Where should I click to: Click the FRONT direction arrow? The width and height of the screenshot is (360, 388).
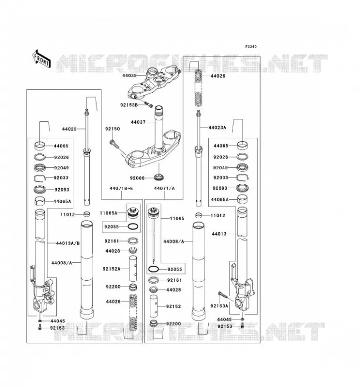[x=42, y=59]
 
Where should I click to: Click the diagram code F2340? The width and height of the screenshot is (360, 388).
[x=251, y=47]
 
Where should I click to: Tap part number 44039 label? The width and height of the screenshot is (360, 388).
[x=130, y=75]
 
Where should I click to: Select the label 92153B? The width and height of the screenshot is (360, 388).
[x=129, y=105]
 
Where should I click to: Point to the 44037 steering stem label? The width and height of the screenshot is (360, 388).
[x=138, y=122]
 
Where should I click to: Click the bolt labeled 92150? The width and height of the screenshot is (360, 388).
[x=114, y=144]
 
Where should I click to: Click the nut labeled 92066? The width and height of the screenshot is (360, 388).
[x=159, y=177]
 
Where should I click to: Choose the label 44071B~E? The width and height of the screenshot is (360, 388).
[x=121, y=189]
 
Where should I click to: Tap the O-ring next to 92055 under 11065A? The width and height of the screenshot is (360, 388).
[x=133, y=226]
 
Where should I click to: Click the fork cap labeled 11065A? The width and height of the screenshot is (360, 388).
[x=133, y=212]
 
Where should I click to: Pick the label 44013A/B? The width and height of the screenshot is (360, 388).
[x=68, y=243]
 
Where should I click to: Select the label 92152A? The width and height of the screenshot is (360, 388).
[x=112, y=269]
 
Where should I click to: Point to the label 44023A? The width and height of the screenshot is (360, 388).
[x=217, y=128]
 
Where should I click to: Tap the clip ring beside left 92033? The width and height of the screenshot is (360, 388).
[x=40, y=178]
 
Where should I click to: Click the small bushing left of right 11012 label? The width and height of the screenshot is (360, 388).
[x=199, y=215]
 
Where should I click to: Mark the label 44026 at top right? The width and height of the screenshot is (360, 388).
[x=218, y=76]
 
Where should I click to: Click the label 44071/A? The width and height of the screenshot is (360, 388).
[x=164, y=189]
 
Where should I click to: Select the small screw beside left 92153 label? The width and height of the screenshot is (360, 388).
[x=40, y=328]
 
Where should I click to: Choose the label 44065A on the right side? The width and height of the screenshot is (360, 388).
[x=220, y=199]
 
